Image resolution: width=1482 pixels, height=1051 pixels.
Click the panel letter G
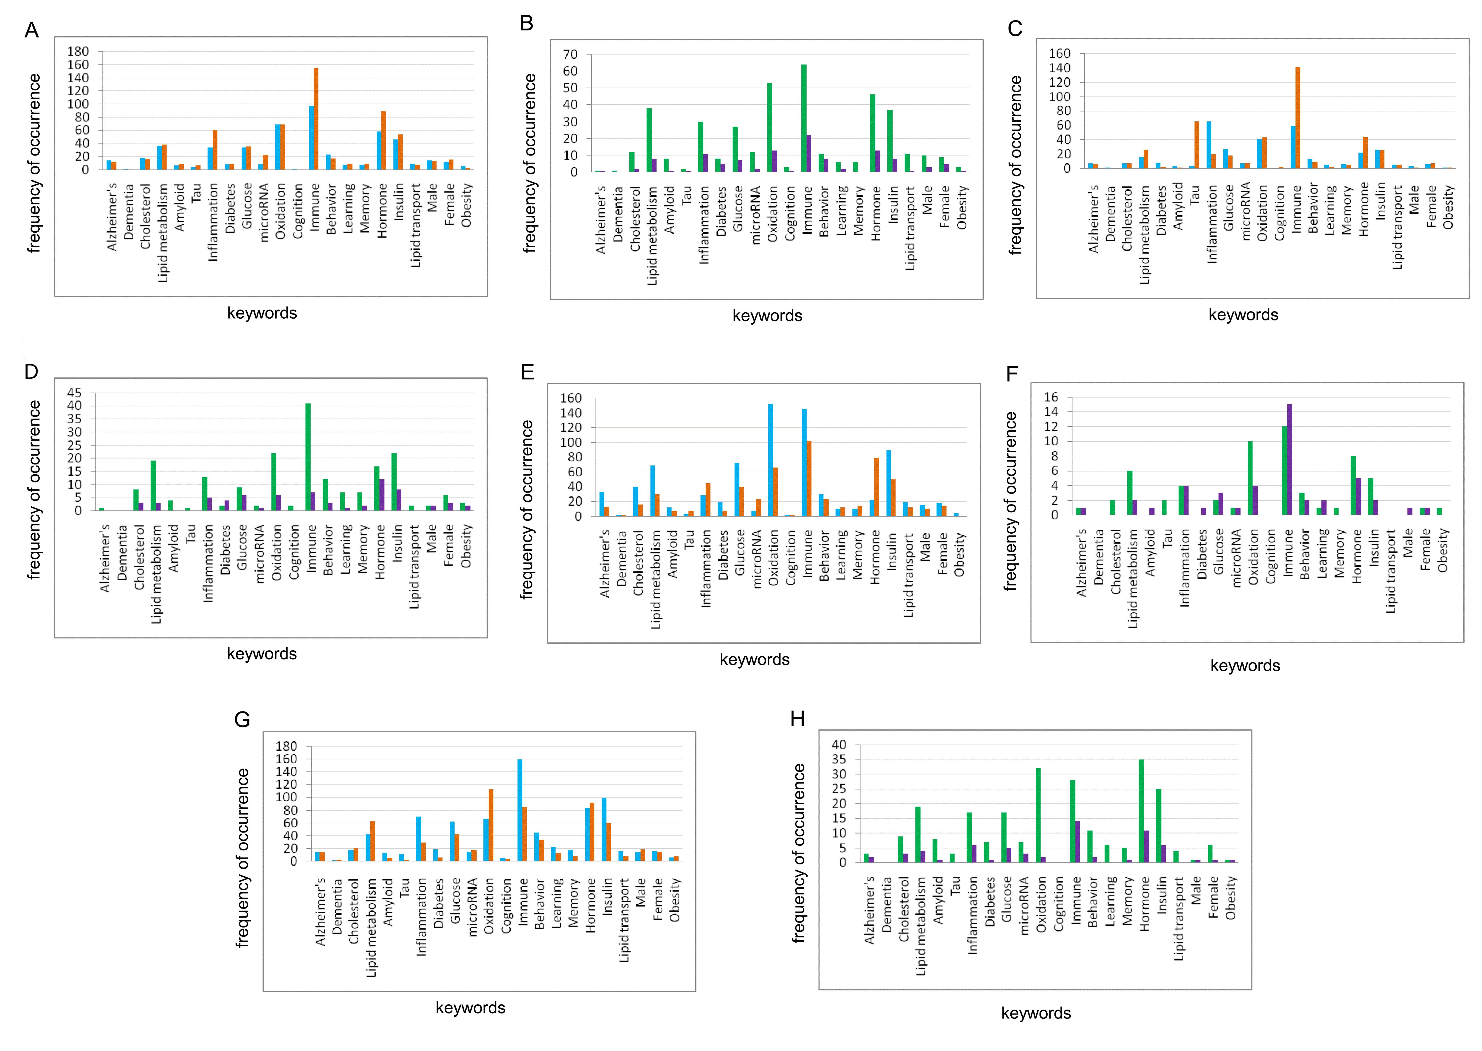tap(242, 720)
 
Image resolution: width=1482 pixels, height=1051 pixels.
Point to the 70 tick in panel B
tap(570, 54)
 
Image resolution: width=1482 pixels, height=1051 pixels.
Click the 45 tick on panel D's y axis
tap(74, 393)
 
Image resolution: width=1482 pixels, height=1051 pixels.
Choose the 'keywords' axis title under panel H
tap(1036, 1013)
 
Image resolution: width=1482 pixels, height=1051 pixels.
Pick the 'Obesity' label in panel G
tap(674, 899)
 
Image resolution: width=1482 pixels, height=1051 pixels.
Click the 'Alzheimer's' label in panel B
tap(601, 220)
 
